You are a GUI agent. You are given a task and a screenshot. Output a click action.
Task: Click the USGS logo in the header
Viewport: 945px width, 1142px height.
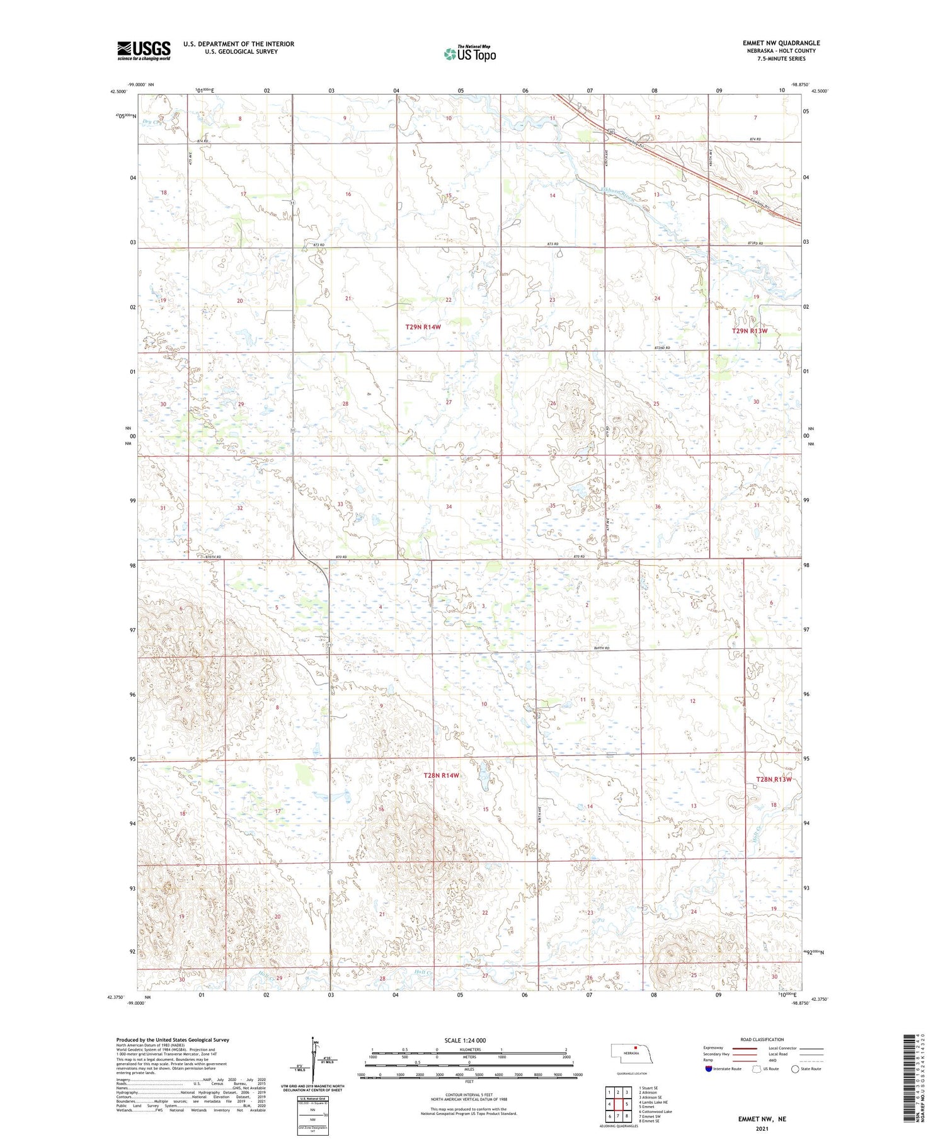[144, 50]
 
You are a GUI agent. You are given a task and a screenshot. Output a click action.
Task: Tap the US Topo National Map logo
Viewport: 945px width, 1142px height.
[470, 54]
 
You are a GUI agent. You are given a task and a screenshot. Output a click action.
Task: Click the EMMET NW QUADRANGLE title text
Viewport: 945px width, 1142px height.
[781, 43]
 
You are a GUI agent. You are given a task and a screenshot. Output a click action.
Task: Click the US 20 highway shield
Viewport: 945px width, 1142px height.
[611, 132]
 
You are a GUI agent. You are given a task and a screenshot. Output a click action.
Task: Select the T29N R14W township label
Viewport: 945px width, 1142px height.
[423, 327]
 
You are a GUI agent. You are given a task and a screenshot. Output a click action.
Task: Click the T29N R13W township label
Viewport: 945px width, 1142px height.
[750, 331]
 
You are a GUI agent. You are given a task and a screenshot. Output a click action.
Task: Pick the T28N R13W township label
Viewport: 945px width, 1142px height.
[773, 779]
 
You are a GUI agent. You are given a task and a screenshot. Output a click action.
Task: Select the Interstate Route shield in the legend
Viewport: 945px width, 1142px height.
[709, 1069]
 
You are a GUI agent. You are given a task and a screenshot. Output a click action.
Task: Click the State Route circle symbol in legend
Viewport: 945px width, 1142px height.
[796, 1069]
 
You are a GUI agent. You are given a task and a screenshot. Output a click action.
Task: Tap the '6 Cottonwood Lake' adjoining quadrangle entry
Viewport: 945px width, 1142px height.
[655, 1112]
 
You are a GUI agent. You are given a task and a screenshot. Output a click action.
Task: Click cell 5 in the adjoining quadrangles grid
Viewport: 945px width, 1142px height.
[627, 1104]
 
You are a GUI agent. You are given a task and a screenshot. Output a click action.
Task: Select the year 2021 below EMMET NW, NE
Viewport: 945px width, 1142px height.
[762, 1128]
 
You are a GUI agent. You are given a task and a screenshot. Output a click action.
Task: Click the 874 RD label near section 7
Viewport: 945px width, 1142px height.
[755, 139]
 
